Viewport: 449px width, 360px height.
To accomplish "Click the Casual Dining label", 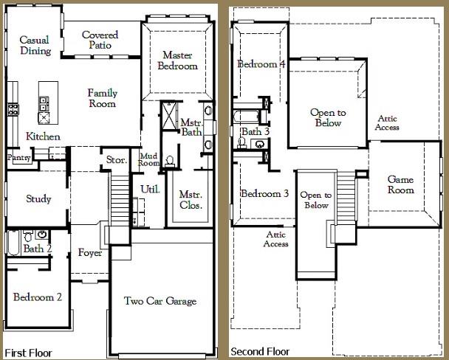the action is (x=35, y=45).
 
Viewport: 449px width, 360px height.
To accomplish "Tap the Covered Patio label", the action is (x=100, y=40).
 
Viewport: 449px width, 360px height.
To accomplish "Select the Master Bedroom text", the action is (x=177, y=60).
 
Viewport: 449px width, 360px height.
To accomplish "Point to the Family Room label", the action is (x=103, y=98).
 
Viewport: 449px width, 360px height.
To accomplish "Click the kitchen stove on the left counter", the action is (x=13, y=109).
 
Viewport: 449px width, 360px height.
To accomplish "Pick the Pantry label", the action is (x=19, y=158).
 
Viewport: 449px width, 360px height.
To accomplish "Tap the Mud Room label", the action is (x=149, y=159).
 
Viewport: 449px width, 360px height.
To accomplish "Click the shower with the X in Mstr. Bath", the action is (x=169, y=116).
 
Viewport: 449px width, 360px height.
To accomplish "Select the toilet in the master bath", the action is (x=170, y=162).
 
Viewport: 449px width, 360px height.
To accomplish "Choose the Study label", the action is (x=38, y=198).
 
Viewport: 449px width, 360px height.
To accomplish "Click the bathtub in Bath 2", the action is (x=13, y=243).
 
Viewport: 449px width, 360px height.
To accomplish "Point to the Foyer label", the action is (x=90, y=253).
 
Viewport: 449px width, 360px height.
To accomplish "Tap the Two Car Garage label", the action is (x=160, y=301).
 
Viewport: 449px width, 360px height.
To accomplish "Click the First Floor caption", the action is (x=29, y=353).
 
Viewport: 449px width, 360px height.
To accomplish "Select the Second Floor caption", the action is (x=260, y=351).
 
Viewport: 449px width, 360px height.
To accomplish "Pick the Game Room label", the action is (x=400, y=184).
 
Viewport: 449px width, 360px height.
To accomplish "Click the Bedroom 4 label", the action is (x=261, y=63).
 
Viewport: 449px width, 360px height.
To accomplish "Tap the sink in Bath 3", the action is (x=260, y=144).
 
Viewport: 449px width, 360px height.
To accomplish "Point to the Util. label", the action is (x=150, y=189).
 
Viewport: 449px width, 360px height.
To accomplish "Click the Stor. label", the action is (x=116, y=159).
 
